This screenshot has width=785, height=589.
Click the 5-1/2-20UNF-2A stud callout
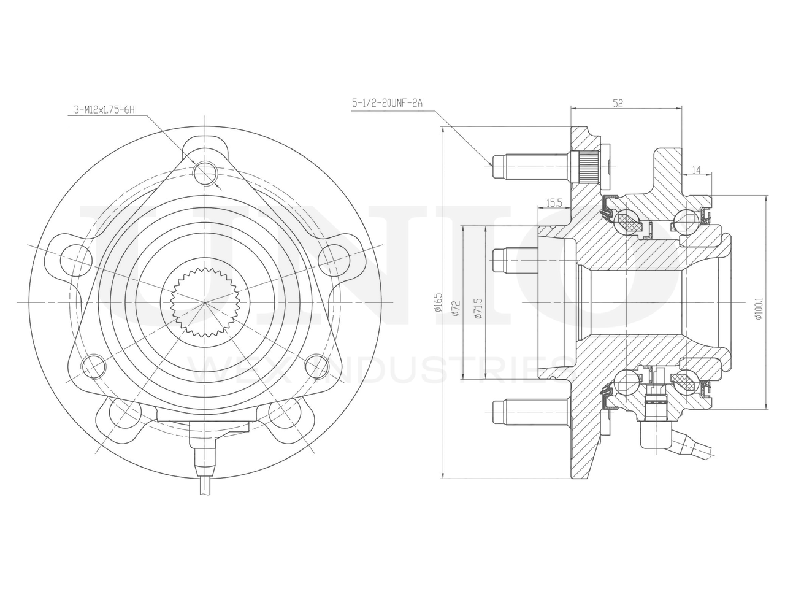387,104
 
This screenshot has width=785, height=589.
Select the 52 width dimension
618,104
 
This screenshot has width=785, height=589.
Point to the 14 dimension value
696,169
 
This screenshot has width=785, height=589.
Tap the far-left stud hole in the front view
73,258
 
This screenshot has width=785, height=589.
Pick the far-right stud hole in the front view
333,258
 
